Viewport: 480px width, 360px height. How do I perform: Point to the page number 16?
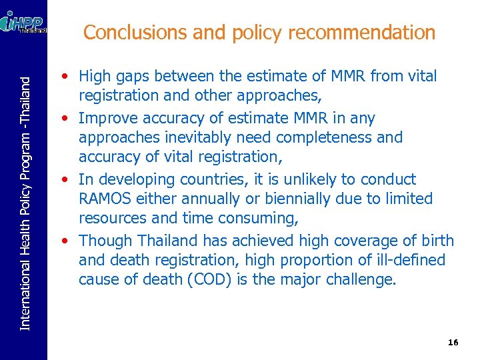pos(453,343)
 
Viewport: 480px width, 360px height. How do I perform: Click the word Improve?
pos(109,119)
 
